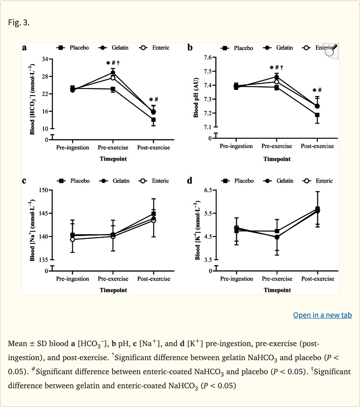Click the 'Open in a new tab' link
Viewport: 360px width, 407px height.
(x=322, y=315)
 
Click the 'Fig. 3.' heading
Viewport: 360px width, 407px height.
(x=19, y=22)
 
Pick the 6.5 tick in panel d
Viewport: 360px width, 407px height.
(x=208, y=190)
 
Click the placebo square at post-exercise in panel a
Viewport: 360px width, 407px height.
(x=153, y=120)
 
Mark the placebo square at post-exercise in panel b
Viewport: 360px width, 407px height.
(x=317, y=115)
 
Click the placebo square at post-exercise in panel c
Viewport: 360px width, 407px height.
(x=153, y=214)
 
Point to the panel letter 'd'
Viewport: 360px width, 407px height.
(x=189, y=181)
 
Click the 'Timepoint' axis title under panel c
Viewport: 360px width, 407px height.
(x=113, y=290)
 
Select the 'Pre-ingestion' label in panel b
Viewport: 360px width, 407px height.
(x=236, y=146)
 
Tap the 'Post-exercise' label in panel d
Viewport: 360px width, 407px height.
(x=317, y=279)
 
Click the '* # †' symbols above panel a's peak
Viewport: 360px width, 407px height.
(x=113, y=63)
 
